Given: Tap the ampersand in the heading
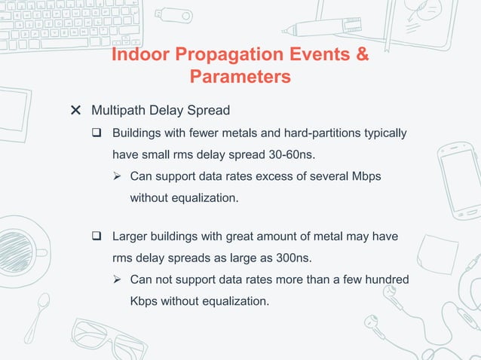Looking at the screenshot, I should (x=360, y=56).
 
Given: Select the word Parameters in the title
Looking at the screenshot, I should (x=240, y=77).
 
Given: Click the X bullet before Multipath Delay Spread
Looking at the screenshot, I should (x=75, y=111).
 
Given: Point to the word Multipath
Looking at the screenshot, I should (x=118, y=111).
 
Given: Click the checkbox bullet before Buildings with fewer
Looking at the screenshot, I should (x=97, y=133).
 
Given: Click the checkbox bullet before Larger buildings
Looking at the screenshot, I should (x=97, y=236).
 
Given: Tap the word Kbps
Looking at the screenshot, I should (x=145, y=301).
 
